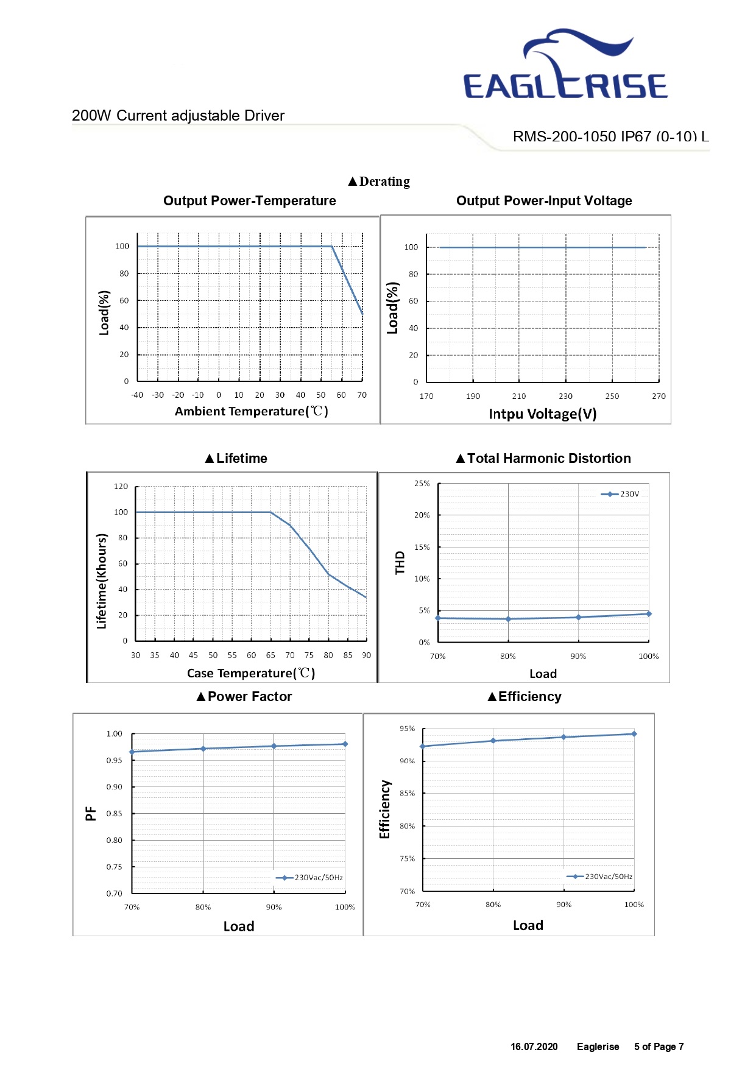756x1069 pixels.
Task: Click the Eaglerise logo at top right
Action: (565, 63)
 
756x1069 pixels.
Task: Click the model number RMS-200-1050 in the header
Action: (564, 136)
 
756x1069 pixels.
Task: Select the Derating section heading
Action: (379, 182)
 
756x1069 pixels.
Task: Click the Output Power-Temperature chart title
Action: (250, 201)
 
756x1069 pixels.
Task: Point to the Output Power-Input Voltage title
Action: (544, 201)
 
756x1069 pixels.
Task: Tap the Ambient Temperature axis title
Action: (252, 412)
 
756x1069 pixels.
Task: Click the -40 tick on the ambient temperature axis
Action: (138, 395)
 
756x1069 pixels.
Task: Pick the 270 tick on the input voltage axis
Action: (659, 397)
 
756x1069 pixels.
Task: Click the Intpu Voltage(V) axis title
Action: (543, 414)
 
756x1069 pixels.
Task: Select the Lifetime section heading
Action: (236, 459)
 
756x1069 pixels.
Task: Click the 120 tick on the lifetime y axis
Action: (121, 487)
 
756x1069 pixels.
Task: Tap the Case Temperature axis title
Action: (251, 674)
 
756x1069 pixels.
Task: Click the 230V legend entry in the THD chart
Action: (620, 494)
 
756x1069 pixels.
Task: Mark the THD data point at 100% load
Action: (649, 614)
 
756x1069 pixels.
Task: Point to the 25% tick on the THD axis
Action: (422, 484)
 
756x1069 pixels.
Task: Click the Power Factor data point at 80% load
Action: (203, 749)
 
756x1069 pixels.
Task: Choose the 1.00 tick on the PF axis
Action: (115, 734)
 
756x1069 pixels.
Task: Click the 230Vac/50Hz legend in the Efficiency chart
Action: (599, 877)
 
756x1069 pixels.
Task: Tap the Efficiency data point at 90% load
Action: (563, 737)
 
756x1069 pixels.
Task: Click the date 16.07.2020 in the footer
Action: (534, 1046)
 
